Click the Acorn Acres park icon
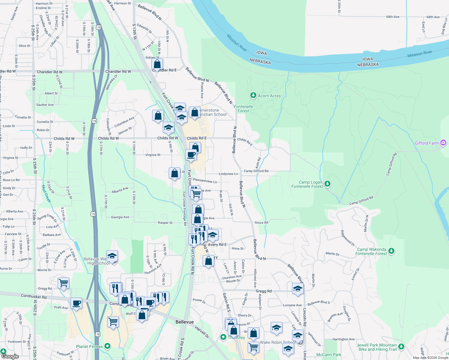[253, 95]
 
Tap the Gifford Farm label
[426, 143]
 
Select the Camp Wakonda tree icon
[391, 251]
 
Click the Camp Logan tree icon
[327, 184]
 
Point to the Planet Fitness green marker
[107, 346]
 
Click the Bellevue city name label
[185, 322]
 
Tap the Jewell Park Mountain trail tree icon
[401, 347]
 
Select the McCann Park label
[329, 355]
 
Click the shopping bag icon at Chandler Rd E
[157, 64]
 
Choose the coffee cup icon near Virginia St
[191, 155]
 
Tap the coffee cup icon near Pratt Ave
[76, 303]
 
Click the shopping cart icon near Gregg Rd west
[64, 283]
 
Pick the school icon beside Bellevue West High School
[112, 256]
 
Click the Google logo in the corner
[10, 356]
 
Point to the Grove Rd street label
[261, 223]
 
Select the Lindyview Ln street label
[228, 174]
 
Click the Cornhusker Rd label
[34, 296]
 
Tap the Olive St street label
[24, 46]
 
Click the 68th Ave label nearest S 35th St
[393, 17]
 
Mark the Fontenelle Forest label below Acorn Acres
[243, 109]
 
